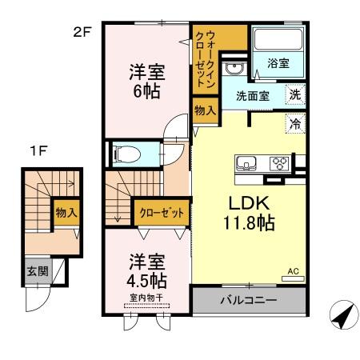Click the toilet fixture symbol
coord(126,154)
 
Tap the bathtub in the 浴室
coord(278,39)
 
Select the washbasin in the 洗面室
coord(234,69)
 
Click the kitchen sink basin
coord(246,163)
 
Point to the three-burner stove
coord(279,163)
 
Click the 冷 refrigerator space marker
coord(295,123)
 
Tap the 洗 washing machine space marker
coord(295,94)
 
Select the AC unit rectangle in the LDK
coord(293,278)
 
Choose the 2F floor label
coord(82,33)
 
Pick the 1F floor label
coord(38,151)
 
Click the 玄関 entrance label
coord(38,271)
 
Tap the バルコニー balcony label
coord(249,301)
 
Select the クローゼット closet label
coord(162,213)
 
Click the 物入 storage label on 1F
coord(66,213)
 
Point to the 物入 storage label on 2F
coord(205,110)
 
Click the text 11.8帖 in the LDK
coord(249,222)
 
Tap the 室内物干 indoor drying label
coord(146,298)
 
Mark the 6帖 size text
coord(147,91)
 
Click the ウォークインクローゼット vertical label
coord(205,59)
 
